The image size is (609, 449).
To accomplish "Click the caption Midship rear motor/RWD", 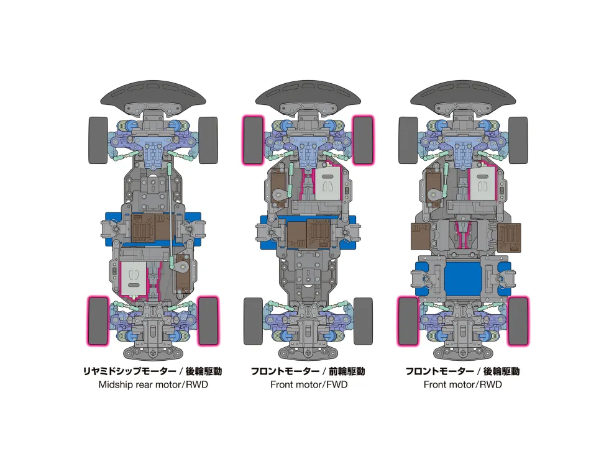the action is [x=153, y=384].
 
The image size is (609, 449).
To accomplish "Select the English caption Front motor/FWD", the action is [x=309, y=384].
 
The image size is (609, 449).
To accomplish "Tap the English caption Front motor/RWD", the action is [x=462, y=384].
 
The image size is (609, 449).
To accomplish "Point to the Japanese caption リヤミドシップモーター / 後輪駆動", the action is [x=153, y=371].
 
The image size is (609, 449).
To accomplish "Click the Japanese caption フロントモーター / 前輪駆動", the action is [x=308, y=371].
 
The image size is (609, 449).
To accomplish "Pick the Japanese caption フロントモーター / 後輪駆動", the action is [x=462, y=371].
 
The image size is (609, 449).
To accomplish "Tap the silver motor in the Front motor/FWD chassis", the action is [x=327, y=184].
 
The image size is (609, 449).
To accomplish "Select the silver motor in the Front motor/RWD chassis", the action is [x=482, y=184].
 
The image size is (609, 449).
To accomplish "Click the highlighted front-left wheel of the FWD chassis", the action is [x=254, y=140].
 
